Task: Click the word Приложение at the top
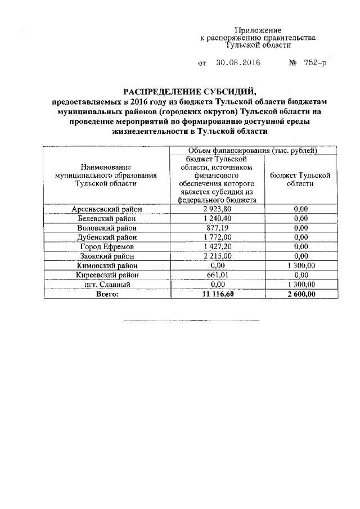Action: click(x=258, y=30)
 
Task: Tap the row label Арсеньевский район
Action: click(x=107, y=209)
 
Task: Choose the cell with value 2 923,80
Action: click(x=217, y=209)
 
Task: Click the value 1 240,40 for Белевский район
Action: click(x=217, y=218)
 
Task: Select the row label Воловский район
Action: click(x=107, y=228)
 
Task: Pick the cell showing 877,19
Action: click(x=217, y=228)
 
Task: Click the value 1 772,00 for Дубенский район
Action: click(x=217, y=237)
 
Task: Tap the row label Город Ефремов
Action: click(x=107, y=246)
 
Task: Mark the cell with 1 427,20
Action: click(x=217, y=246)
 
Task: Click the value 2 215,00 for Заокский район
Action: click(x=217, y=256)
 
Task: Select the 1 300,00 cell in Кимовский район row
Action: click(x=300, y=265)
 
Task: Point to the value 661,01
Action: click(x=217, y=275)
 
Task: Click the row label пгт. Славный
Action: click(x=107, y=285)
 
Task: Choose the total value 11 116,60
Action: click(x=217, y=294)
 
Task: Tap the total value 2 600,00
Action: click(x=300, y=294)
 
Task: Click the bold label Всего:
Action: click(x=107, y=294)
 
